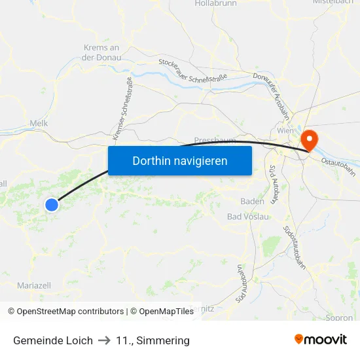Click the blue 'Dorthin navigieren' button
[179, 160]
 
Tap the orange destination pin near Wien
[308, 139]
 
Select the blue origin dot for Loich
[52, 205]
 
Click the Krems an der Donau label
[101, 52]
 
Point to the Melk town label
[39, 122]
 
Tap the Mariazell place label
[34, 285]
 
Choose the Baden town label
[252, 201]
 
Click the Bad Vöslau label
[247, 217]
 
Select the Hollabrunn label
[215, 4]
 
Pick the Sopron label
[338, 318]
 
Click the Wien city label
[285, 131]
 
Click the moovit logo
[321, 340]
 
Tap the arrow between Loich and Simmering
[104, 340]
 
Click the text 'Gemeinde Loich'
[53, 340]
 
